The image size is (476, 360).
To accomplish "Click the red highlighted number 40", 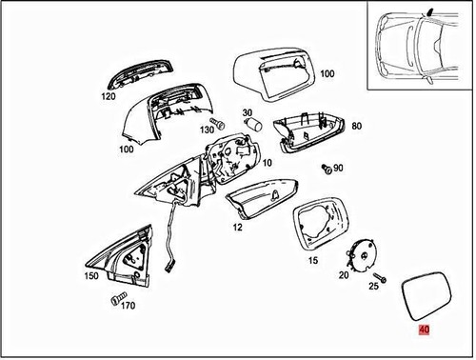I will [424, 330].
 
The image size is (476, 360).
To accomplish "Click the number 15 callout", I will [311, 260].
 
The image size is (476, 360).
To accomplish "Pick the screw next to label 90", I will [327, 169].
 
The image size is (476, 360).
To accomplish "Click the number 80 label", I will [356, 126].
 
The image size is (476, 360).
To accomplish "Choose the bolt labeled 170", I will [119, 300].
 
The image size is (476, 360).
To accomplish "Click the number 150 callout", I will [90, 275].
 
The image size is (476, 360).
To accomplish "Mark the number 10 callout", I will [267, 163].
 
